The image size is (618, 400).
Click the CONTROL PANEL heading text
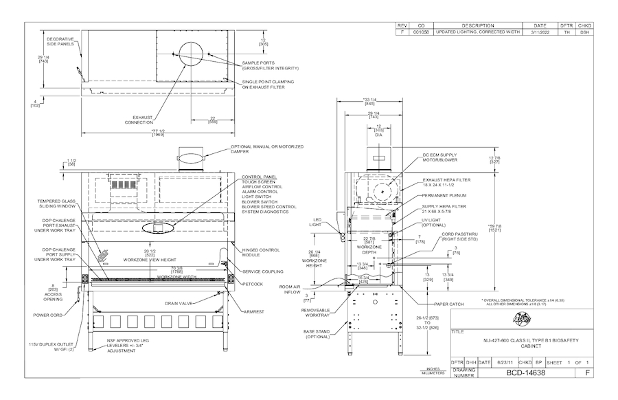point(258,177)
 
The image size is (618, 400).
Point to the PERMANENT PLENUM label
point(444,196)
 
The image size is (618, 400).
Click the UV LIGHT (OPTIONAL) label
point(436,223)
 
